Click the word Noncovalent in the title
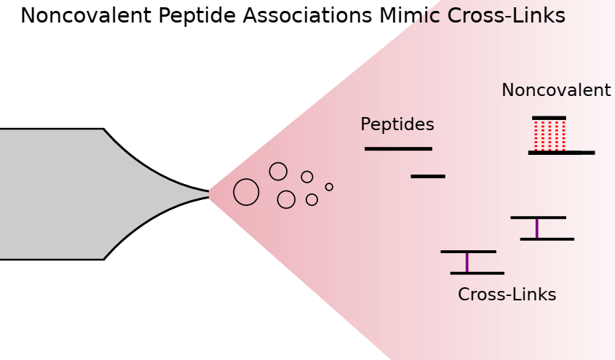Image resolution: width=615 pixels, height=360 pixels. [86, 16]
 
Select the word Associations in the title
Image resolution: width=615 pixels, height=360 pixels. [307, 16]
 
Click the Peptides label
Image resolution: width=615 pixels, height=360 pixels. [397, 124]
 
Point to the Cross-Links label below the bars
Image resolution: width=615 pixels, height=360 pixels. [507, 295]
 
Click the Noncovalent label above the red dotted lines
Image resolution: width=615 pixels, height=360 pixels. [556, 90]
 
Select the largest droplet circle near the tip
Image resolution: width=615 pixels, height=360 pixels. [246, 192]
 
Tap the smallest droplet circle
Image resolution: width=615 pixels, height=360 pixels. [329, 187]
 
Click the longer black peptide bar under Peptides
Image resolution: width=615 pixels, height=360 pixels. [399, 149]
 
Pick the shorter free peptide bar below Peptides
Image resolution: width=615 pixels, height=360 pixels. [428, 176]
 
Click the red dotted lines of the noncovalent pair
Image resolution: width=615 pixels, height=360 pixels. [549, 135]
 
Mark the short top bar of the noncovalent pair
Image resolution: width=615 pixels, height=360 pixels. [549, 118]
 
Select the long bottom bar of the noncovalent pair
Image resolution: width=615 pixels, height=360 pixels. [562, 153]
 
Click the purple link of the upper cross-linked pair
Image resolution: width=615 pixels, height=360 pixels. [537, 228]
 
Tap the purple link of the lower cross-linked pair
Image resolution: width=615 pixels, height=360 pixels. [467, 263]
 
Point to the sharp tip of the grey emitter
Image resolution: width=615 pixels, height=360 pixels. [209, 194]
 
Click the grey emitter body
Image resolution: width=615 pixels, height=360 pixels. [79, 194]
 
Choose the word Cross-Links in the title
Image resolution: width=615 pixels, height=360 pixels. [507, 16]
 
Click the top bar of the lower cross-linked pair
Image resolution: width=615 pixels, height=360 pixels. [468, 252]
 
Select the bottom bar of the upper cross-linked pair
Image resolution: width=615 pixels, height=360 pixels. [547, 239]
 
